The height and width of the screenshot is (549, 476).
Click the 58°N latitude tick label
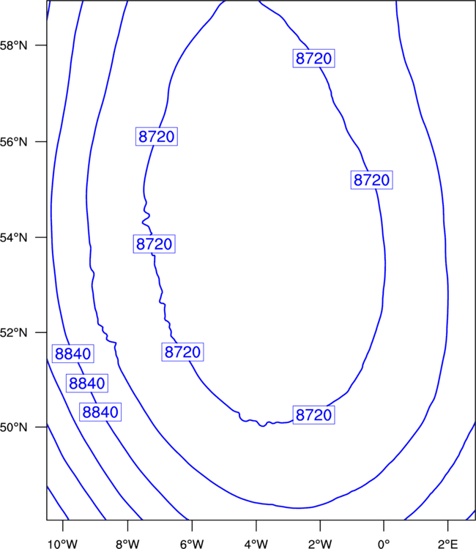pos(13,45)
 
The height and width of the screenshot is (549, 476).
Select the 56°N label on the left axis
pos(13,142)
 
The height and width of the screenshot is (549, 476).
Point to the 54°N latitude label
pos(13,238)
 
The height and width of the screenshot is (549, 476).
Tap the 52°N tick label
pos(13,332)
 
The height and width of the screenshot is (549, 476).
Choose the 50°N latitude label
pos(13,427)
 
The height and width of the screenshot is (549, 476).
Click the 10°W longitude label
pos(63,544)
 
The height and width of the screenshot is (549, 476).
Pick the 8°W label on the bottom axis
pos(127,544)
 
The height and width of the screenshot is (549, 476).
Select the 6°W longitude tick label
pos(192,544)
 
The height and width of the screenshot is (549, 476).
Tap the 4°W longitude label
pos(256,544)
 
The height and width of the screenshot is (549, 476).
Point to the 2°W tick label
pos(320,544)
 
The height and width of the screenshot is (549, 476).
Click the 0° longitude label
pos(384,544)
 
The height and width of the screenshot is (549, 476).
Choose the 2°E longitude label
pos(448,544)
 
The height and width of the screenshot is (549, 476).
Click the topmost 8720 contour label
pos(314,59)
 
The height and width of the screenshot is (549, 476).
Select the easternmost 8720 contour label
pos(371,180)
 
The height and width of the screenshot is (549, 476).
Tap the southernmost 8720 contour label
pos(314,415)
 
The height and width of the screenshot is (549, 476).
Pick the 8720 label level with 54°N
pos(154,244)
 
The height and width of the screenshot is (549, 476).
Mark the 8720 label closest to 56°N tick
pos(157,137)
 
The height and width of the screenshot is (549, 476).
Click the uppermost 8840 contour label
pos(73,354)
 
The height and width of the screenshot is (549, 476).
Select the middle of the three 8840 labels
pos(87,384)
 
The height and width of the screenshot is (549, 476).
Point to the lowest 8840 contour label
pos(100,412)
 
